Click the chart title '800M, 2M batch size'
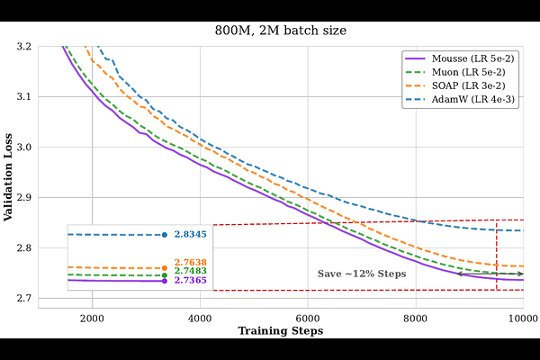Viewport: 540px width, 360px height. tap(280, 31)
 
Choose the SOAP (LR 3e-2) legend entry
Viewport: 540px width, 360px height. tap(468, 86)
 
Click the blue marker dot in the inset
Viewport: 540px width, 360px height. tap(165, 235)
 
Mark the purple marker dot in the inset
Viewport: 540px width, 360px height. tap(165, 281)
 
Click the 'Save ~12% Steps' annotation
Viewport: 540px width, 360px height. tap(362, 274)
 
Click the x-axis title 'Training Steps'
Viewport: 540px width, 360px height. tap(280, 331)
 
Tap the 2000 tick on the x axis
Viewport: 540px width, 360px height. tap(92, 318)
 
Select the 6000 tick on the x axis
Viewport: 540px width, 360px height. tap(308, 318)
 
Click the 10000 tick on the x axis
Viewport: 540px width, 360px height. tap(522, 318)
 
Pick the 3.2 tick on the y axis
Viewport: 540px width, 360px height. tap(24, 46)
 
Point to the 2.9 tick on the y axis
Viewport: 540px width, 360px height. tap(24, 197)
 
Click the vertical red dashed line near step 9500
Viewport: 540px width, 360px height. tap(497, 252)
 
